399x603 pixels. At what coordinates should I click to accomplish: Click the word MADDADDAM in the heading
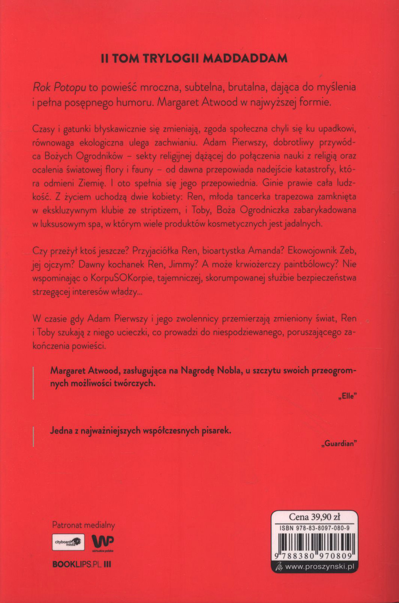tap(245, 58)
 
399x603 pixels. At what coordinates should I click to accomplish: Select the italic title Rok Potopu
tap(59, 87)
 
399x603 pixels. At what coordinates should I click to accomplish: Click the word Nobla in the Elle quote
tap(227, 370)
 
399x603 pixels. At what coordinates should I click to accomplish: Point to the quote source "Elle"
tap(348, 396)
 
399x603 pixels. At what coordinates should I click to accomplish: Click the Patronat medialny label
tap(83, 525)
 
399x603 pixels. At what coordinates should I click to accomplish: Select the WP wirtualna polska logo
tap(103, 543)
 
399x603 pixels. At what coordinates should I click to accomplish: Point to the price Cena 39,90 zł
tap(314, 517)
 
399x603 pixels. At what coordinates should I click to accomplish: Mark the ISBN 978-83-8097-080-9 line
tap(315, 528)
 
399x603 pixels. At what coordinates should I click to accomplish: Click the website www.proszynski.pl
tap(320, 566)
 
